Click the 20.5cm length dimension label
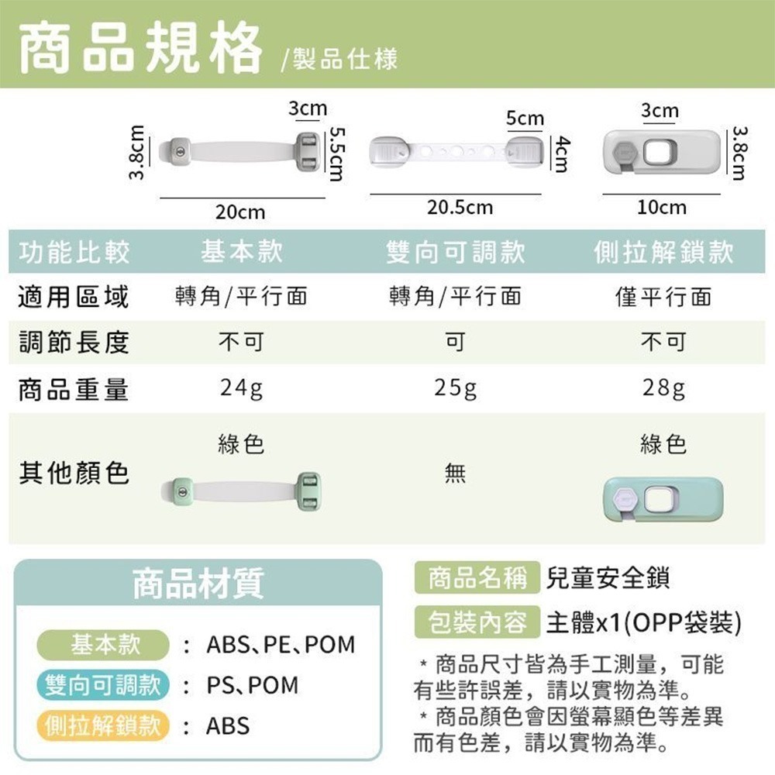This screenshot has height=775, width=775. click(x=460, y=208)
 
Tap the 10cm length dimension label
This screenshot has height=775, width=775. click(x=661, y=208)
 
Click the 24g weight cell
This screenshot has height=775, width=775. click(x=240, y=388)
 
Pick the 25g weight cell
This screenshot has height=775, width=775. click(x=455, y=388)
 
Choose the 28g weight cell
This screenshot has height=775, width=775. click(x=663, y=388)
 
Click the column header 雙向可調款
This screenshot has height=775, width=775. click(x=455, y=252)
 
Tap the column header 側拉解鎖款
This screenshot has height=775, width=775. click(x=663, y=252)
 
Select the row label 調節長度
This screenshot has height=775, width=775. click(x=74, y=342)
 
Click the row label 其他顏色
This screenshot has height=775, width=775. click(x=74, y=472)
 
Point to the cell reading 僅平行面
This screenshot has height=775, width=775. click(x=663, y=296)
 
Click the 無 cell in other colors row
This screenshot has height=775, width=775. click(x=455, y=472)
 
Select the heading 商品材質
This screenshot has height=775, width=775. click(x=198, y=583)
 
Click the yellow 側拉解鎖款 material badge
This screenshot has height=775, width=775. click(x=103, y=725)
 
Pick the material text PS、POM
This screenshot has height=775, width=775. click(x=252, y=685)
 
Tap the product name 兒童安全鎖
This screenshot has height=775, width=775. click(x=608, y=577)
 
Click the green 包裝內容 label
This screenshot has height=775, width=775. click(x=477, y=622)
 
